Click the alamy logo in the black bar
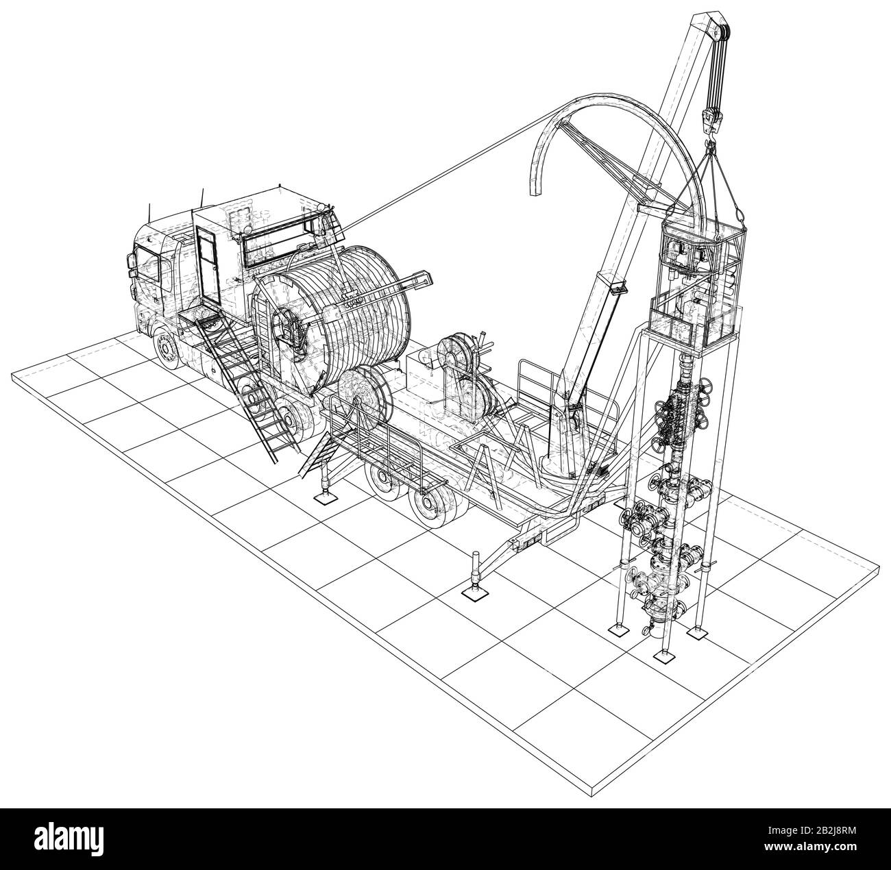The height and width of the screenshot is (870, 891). pos(69,838)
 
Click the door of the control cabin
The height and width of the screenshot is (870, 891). pos(208,264)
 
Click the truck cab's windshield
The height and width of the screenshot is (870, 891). pos(147,265)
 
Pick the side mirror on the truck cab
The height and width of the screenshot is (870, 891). pos(130,264)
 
